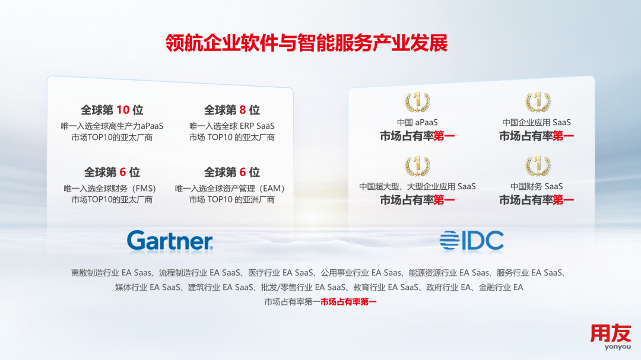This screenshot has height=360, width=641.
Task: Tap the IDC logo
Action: coord(471,240)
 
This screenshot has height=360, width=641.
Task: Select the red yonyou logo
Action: coord(611,337)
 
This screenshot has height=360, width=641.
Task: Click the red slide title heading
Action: coord(307,43)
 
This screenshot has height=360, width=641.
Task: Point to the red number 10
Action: coord(123,110)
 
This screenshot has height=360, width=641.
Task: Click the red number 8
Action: coord(242,110)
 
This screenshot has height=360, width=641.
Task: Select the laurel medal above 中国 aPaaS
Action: coord(417,102)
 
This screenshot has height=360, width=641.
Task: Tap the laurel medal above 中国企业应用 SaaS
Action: coord(538,102)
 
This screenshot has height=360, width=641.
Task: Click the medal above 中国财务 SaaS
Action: coord(538,166)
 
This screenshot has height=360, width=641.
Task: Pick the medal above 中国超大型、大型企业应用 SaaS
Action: coord(417,166)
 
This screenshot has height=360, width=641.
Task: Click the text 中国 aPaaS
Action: coord(417,122)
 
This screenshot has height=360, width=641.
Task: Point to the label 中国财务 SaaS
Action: coord(537,186)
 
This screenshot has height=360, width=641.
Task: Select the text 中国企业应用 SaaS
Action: coord(537,122)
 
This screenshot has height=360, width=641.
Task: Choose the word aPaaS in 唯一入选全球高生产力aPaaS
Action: coord(152,126)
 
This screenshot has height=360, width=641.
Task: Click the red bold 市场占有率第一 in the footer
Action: coord(348,302)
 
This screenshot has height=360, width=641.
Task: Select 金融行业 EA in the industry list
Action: coord(501,287)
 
